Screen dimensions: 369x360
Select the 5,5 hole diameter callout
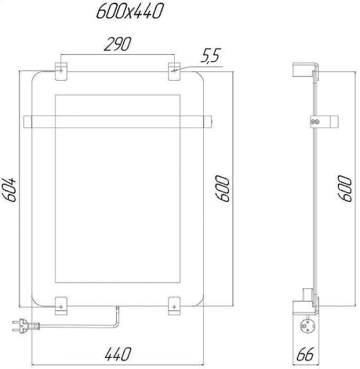point(210,57)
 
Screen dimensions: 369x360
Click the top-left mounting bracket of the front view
point(61,72)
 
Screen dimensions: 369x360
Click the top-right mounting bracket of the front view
point(174,72)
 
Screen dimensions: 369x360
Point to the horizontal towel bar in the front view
point(118,121)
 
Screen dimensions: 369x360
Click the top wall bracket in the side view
point(305,71)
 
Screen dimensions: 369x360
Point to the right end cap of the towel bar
point(207,121)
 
